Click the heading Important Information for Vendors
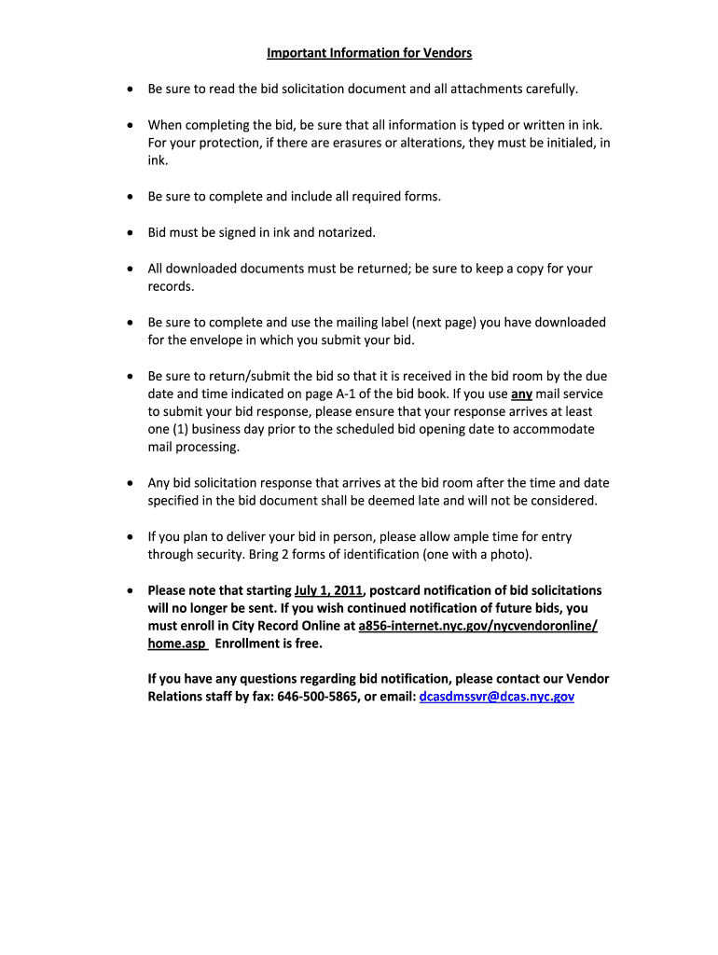369,53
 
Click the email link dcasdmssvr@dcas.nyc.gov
497,697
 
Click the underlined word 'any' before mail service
521,394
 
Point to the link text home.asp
176,644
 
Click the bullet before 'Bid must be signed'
130,233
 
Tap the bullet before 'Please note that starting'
130,591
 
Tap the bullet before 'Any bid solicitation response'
130,484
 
